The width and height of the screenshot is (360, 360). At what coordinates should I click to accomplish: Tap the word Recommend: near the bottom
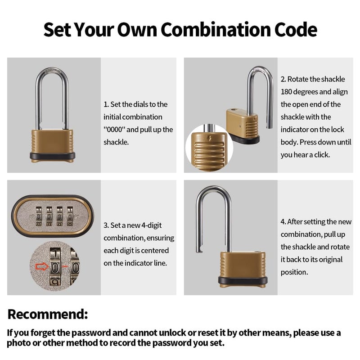48,314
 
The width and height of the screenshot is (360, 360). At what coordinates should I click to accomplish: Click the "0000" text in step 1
115,130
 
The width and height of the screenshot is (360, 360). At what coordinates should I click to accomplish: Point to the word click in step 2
320,155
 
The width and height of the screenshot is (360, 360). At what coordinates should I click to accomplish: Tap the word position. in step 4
294,272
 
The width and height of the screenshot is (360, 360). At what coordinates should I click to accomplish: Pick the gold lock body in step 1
52,141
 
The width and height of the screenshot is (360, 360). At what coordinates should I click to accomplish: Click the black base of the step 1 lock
52,157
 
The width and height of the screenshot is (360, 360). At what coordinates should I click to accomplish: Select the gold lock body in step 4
243,264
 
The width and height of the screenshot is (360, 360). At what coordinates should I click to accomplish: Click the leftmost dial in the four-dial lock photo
39,216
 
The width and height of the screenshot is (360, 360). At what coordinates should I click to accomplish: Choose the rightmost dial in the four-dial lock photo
70,216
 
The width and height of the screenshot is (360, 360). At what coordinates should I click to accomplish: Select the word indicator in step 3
140,263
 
